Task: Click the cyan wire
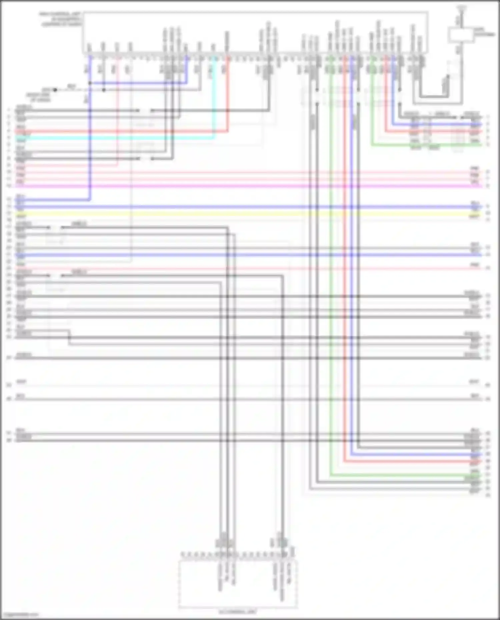[117, 137]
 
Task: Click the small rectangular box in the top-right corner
[461, 35]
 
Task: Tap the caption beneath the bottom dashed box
[238, 612]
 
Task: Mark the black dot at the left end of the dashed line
[55, 90]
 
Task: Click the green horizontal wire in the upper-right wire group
[427, 145]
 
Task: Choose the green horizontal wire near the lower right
[400, 475]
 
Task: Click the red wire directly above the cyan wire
[117, 131]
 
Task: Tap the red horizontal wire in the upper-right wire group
[433, 132]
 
